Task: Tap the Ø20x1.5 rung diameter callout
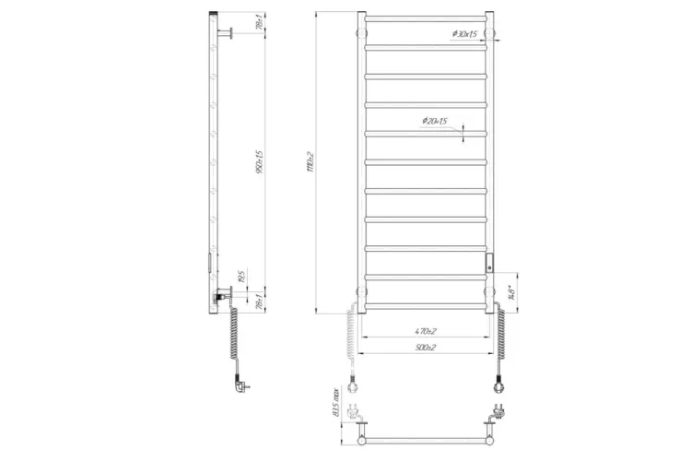(434, 122)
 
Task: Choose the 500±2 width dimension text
(425, 348)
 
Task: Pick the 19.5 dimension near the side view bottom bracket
(241, 276)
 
